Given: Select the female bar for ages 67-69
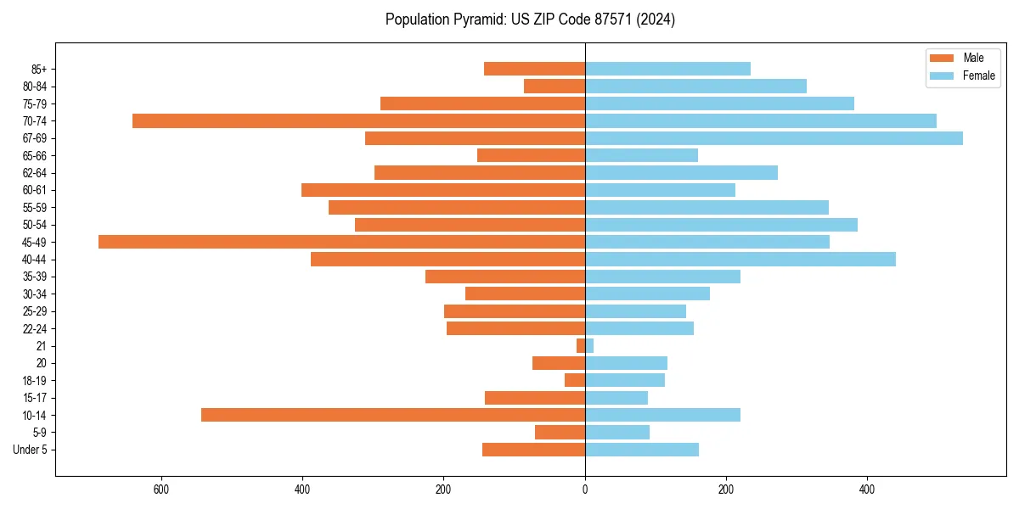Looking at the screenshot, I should coord(774,138).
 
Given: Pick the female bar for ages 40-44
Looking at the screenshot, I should coord(740,260).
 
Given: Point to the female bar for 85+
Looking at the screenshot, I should coord(667,69).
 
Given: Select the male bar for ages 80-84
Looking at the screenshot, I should coord(555,87).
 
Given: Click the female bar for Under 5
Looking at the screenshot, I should coord(641,450).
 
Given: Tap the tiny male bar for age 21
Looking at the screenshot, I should coord(581,346).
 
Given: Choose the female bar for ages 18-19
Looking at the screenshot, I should coord(624,380).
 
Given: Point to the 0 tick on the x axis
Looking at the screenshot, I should coord(585,489).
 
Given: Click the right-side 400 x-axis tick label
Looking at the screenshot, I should coord(867,489).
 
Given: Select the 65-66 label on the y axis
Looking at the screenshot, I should coord(35,156).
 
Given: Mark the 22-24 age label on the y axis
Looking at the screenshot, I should coord(35,329).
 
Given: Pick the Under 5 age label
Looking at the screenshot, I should coord(30,450).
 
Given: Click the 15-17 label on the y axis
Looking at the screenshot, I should coord(35,398).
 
